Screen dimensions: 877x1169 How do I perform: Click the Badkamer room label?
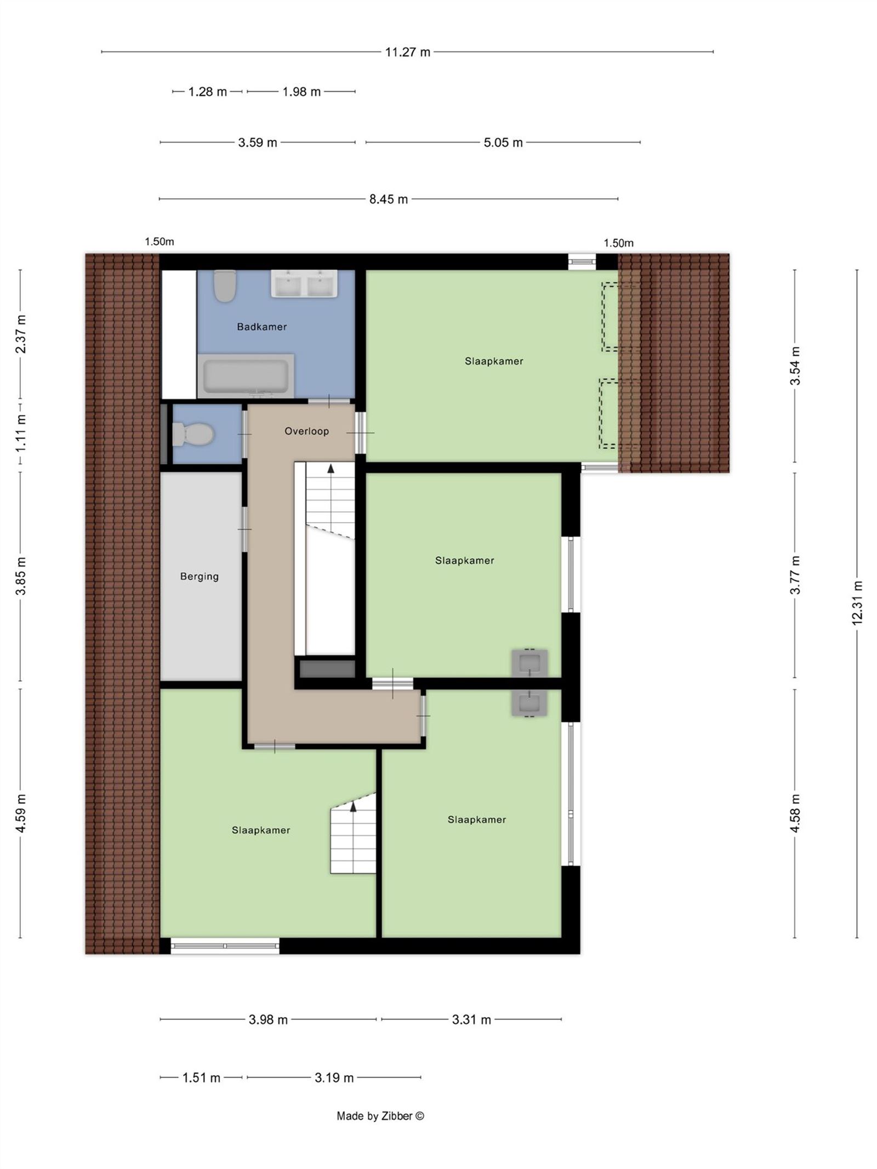[261, 327]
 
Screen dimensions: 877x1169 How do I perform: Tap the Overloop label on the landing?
[306, 431]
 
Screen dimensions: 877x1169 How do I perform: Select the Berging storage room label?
[200, 577]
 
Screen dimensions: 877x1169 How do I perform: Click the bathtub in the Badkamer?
[246, 376]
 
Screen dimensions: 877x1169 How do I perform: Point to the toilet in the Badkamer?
[225, 286]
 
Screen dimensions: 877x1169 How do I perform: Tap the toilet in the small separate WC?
[192, 434]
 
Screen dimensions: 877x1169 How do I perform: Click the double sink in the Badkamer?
[304, 284]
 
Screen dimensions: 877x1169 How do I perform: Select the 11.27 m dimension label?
[408, 52]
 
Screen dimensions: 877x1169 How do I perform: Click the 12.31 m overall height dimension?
[857, 602]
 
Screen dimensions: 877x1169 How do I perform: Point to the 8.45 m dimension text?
[389, 199]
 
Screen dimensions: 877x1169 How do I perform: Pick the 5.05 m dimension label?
[503, 143]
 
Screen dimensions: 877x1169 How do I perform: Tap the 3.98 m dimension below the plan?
[268, 1020]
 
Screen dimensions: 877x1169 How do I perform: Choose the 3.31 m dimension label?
[471, 1020]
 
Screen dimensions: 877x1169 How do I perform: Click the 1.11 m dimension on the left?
[21, 433]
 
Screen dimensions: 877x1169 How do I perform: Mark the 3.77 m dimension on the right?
[795, 575]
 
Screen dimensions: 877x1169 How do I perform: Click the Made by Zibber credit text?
[380, 1116]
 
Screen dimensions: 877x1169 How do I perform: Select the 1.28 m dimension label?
[208, 92]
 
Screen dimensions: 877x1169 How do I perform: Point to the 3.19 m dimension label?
[334, 1078]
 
